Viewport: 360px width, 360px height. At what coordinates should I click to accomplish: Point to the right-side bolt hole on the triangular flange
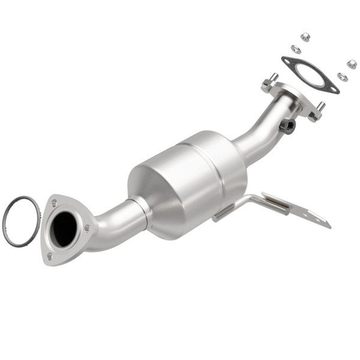tap(87, 227)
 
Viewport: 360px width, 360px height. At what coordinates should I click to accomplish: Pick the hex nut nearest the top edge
tap(305, 37)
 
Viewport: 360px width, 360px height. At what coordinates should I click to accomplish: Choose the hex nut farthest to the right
tap(352, 64)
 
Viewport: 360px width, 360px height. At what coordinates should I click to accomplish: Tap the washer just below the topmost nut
tap(296, 49)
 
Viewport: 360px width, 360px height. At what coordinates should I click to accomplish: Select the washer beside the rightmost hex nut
tap(342, 77)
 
